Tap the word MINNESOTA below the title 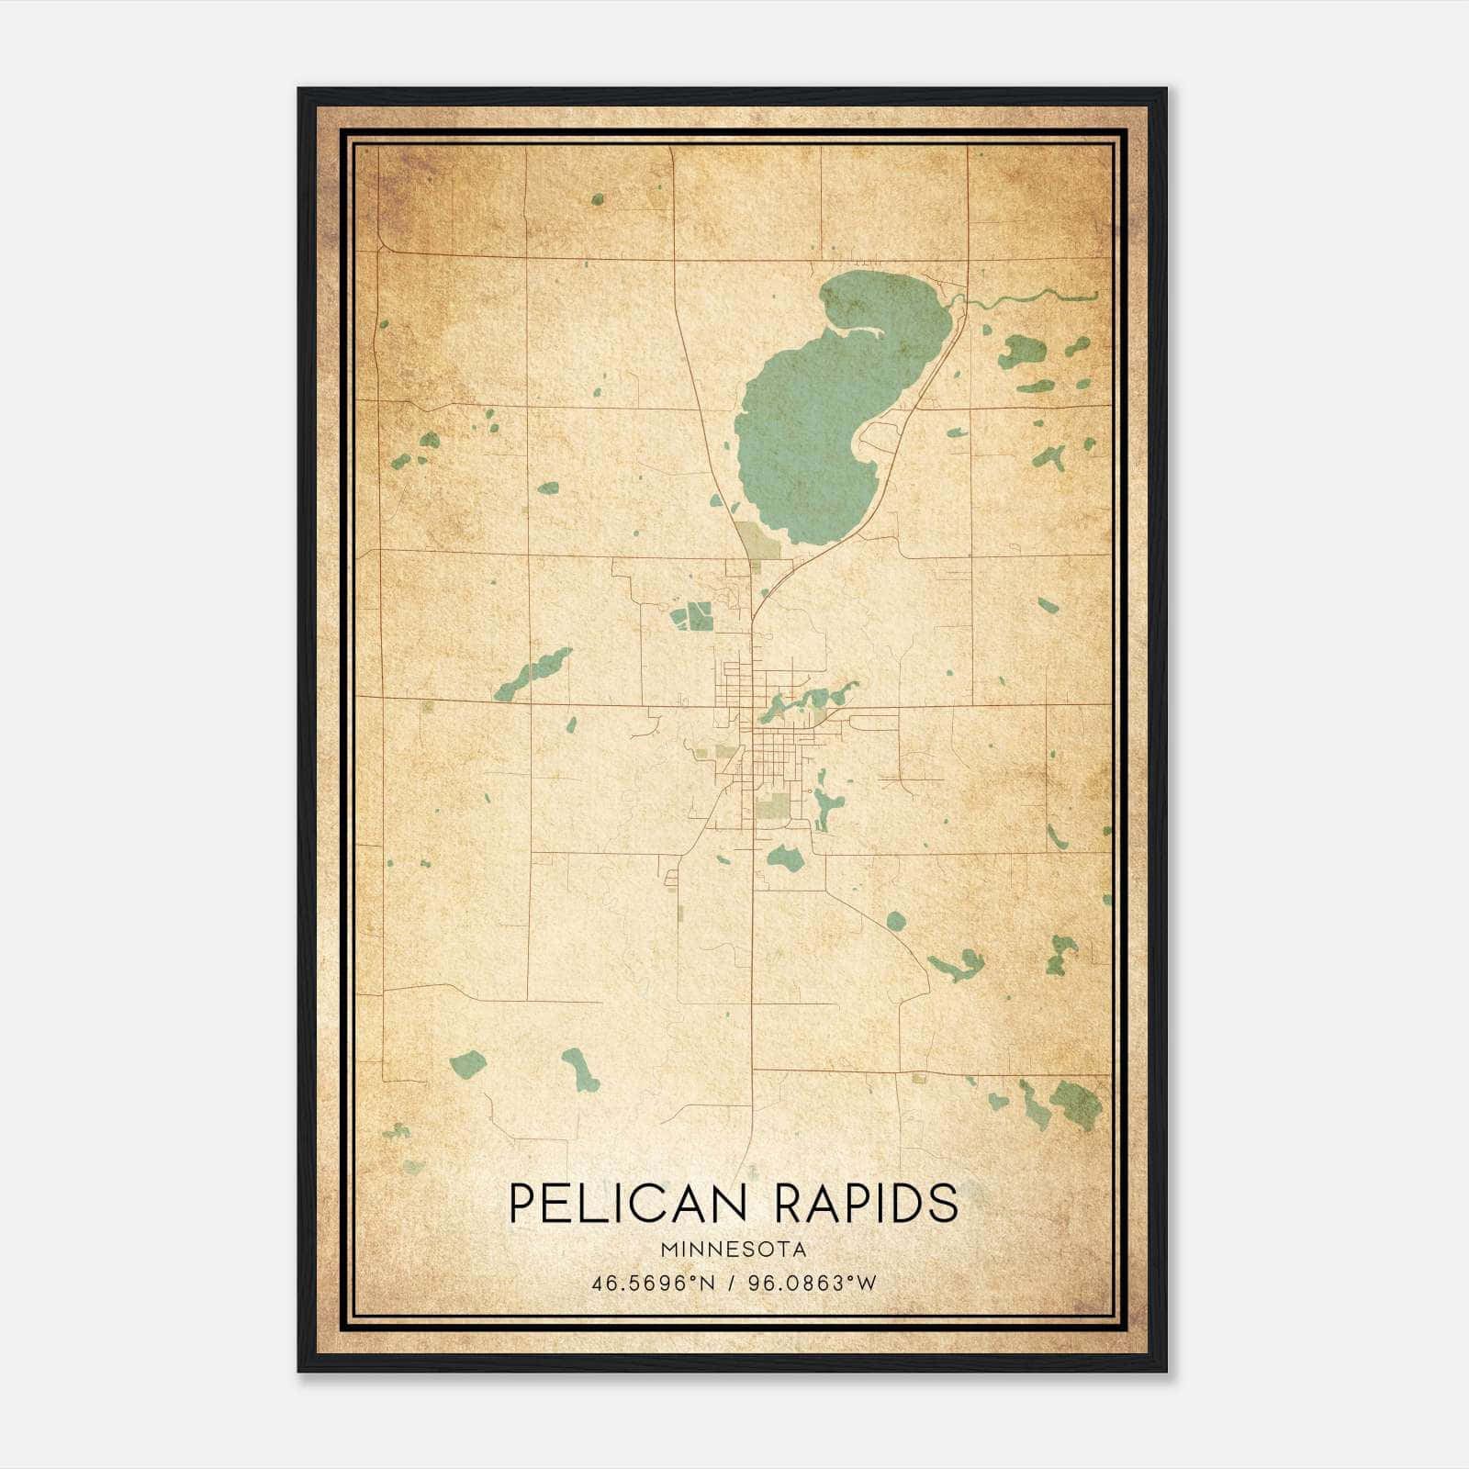[733, 1250]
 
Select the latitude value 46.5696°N [652, 1283]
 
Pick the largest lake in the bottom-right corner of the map [1074, 1101]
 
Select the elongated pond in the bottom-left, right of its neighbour [580, 1070]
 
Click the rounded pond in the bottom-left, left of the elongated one [467, 1065]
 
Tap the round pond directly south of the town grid [786, 859]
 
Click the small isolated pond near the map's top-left [598, 198]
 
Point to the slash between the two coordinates [733, 1283]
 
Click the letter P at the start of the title [521, 1203]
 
